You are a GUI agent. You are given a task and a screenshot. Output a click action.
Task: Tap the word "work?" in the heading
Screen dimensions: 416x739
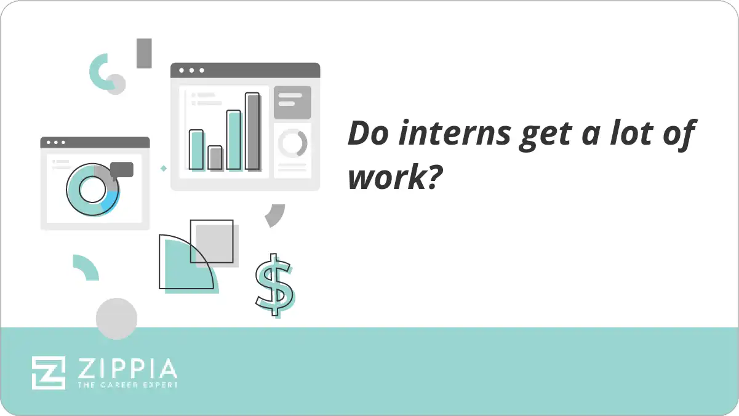[x=394, y=178]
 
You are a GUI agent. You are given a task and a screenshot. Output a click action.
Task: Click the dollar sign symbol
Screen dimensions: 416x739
[x=274, y=284]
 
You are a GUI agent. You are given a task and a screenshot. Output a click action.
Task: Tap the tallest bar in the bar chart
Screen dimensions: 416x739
[x=252, y=131]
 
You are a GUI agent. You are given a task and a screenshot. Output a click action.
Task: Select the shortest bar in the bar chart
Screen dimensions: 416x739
[x=215, y=158]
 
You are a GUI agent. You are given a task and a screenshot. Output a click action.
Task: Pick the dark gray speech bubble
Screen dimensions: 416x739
[x=122, y=169]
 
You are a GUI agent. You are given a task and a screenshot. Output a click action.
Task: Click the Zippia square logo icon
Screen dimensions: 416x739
[x=49, y=372]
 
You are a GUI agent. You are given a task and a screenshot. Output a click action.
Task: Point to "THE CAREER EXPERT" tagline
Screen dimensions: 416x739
[x=127, y=385]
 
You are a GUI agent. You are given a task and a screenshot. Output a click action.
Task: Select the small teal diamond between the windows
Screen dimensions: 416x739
[x=164, y=167]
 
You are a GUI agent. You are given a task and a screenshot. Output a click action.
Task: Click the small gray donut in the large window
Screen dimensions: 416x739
[x=292, y=143]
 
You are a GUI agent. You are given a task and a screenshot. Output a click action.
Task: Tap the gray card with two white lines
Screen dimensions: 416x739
[x=292, y=102]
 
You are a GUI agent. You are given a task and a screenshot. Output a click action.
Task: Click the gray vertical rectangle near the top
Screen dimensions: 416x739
[x=144, y=53]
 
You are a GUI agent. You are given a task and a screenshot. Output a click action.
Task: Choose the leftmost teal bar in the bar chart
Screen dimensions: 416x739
[x=196, y=149]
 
